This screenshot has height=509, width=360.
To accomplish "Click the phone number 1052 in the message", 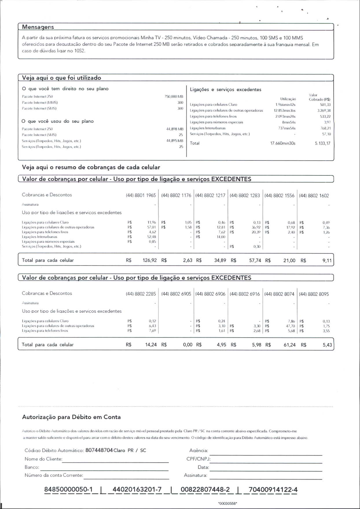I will (80, 51).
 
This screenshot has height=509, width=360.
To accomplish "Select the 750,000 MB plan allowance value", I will (174, 96).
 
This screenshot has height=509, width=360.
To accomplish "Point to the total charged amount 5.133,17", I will (322, 143).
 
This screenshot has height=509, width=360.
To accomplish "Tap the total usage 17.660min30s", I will (283, 143).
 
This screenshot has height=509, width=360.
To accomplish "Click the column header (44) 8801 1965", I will (141, 195).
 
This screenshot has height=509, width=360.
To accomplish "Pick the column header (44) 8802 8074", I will (279, 294).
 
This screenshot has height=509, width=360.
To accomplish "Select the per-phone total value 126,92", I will (150, 260).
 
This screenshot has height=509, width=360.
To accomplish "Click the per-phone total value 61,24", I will (289, 345).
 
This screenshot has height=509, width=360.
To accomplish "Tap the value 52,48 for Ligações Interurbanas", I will (152, 237).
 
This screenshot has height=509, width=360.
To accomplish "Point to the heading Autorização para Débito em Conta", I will (71, 417).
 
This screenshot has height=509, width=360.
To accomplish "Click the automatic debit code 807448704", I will (99, 450).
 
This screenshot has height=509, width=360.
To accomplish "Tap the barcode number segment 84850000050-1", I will (68, 490).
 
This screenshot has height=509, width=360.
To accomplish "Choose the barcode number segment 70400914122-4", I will (273, 490).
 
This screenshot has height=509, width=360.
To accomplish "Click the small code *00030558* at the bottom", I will (228, 503).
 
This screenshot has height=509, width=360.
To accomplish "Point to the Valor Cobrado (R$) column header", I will (319, 97).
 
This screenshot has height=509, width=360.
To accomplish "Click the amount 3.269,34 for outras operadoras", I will (324, 111).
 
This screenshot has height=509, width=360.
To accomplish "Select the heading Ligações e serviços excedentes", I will (225, 89).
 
